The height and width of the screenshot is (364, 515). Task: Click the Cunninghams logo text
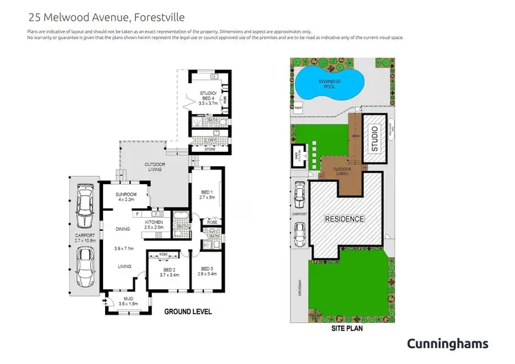point(447,343)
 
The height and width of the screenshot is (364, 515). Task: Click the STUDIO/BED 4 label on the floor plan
point(207,98)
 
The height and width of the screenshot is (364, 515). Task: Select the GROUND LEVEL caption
point(187,312)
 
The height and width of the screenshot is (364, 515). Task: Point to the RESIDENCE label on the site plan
point(344,218)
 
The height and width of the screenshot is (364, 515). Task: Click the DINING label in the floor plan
point(124,229)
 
